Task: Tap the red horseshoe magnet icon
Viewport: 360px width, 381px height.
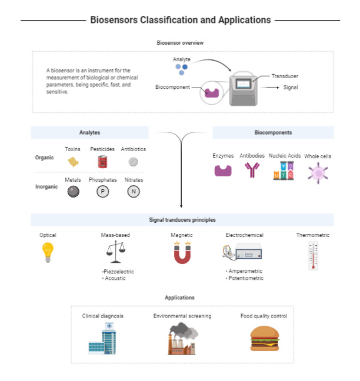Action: coord(182,253)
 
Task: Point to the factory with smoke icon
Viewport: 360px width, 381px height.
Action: coord(182,339)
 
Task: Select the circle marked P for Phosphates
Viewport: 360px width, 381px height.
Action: coord(102,191)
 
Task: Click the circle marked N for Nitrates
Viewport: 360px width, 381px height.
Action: coord(134,191)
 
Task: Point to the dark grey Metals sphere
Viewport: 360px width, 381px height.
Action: coord(73,191)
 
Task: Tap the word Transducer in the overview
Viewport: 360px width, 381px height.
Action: coord(285,76)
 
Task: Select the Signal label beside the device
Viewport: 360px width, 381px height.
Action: coord(291,88)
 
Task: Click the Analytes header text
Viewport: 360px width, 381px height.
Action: coord(89,132)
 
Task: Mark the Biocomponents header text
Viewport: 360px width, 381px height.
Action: coord(273,132)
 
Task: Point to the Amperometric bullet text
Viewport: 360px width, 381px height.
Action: coord(246,271)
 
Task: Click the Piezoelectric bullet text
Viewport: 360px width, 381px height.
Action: coord(119,272)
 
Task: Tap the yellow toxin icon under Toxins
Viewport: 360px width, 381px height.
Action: coord(73,162)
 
